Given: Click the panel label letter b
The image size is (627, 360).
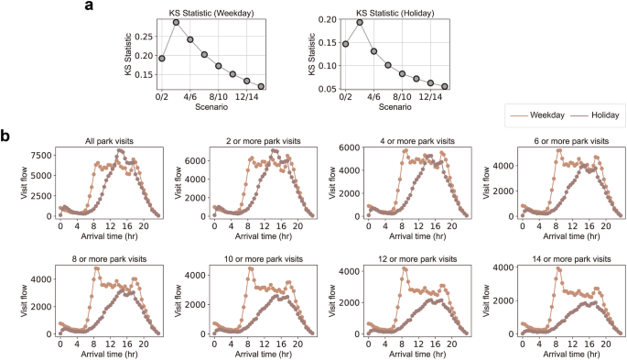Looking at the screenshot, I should point(6,136).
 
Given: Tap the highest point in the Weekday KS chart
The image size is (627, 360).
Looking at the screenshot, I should point(176,22).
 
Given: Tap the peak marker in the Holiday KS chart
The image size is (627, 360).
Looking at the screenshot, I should point(360,22).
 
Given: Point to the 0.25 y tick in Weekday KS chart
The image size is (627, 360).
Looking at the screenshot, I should point(145,37).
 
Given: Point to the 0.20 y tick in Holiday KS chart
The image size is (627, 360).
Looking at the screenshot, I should point(328,18).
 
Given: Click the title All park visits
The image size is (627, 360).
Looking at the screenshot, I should point(97,140).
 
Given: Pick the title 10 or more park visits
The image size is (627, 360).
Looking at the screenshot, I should point(252,259).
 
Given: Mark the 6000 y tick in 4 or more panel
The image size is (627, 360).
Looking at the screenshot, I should point(351,148).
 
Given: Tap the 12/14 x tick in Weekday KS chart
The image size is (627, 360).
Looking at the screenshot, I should point(247,95).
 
